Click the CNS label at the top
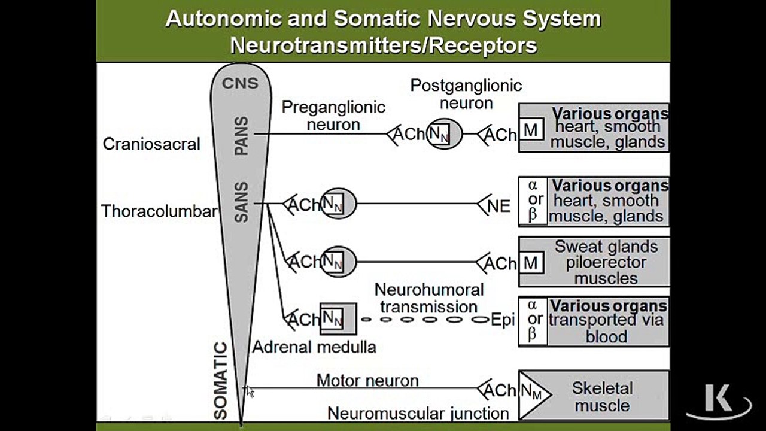[240, 83]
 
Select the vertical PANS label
[241, 136]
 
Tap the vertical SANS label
[241, 203]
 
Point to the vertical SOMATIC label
[221, 380]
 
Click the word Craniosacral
[151, 144]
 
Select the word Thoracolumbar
[159, 211]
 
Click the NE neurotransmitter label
[499, 207]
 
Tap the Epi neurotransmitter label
[503, 320]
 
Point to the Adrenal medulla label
[314, 347]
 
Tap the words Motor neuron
[367, 380]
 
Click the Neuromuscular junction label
[418, 413]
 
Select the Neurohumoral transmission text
[429, 298]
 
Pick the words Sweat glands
[606, 247]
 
